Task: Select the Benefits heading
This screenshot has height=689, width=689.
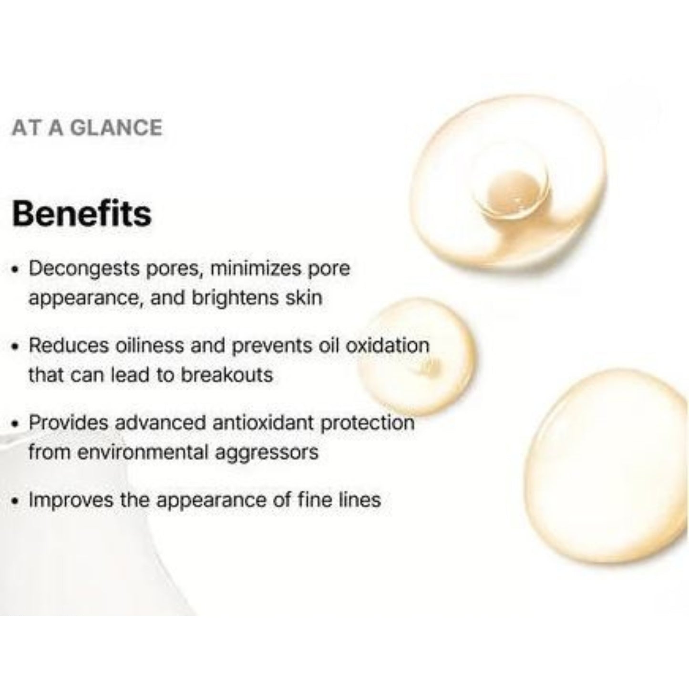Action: click(x=82, y=213)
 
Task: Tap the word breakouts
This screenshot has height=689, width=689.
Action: click(x=226, y=375)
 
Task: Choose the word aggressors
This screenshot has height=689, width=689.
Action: click(x=267, y=452)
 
